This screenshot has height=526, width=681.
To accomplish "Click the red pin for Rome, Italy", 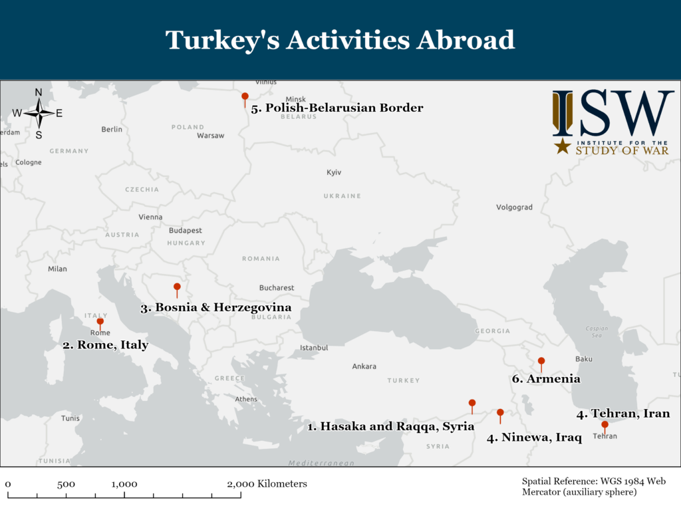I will pyautogui.click(x=100, y=322).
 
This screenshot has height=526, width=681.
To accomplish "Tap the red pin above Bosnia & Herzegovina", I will pyautogui.click(x=177, y=287).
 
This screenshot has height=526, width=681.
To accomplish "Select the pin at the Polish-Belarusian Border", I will pyautogui.click(x=245, y=97).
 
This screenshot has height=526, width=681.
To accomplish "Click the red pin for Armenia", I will pyautogui.click(x=541, y=362).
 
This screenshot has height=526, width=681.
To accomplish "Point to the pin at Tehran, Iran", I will pyautogui.click(x=605, y=424).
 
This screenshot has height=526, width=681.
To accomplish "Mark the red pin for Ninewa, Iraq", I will pyautogui.click(x=500, y=413).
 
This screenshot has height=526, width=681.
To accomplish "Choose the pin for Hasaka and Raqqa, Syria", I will pyautogui.click(x=472, y=403).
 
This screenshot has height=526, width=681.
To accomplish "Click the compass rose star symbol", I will pyautogui.click(x=39, y=113).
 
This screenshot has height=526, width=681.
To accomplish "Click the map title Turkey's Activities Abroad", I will pyautogui.click(x=340, y=40).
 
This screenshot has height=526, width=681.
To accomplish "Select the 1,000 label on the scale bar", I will pyautogui.click(x=124, y=484).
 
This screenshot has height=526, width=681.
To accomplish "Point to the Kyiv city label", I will pyautogui.click(x=334, y=172).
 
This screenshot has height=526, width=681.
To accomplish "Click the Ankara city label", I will pyautogui.click(x=364, y=366).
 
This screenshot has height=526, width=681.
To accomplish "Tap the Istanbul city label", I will pyautogui.click(x=314, y=348).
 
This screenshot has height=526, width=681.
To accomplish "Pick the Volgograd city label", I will pyautogui.click(x=514, y=207).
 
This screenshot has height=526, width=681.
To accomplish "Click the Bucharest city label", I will pyautogui.click(x=277, y=288).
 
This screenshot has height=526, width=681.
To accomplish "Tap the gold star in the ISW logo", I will pyautogui.click(x=563, y=146).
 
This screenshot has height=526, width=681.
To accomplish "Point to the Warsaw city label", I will pyautogui.click(x=211, y=136).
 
